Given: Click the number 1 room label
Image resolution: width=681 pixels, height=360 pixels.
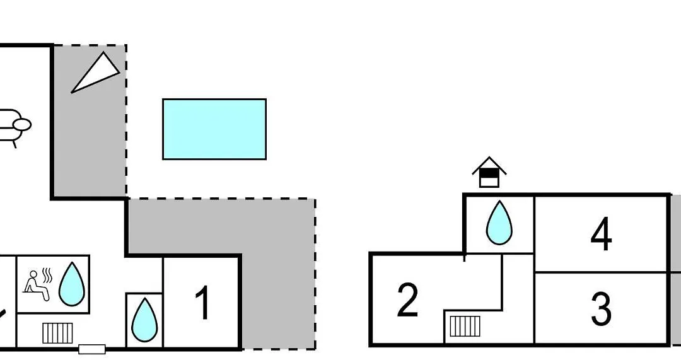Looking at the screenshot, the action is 203,303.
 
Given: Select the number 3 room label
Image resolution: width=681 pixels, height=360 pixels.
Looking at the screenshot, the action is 602,309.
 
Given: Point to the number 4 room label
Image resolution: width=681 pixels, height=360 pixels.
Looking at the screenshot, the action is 602,235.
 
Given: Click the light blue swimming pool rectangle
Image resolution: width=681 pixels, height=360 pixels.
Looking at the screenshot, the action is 214,129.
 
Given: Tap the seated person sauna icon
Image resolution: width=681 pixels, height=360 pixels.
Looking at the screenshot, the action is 37,286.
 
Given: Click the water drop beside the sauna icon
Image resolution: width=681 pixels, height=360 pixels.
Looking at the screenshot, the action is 72,284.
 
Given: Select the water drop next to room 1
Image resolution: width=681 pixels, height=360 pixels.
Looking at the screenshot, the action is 144,320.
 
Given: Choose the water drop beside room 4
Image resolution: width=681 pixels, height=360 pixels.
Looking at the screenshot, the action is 499,223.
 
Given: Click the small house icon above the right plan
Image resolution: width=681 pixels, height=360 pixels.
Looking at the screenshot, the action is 489,172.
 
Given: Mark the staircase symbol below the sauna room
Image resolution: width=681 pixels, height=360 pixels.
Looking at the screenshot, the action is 58,333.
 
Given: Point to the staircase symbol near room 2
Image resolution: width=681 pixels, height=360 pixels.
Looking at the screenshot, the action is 465,327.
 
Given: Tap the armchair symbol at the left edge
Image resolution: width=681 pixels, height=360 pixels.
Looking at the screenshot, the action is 13,126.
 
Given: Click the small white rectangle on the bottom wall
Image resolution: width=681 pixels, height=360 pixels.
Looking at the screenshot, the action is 92,349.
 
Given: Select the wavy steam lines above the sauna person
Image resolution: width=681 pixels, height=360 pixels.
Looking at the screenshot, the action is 47,274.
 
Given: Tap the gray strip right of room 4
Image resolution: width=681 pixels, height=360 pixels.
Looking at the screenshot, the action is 676,233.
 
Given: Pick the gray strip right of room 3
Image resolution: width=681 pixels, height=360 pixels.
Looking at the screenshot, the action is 676,309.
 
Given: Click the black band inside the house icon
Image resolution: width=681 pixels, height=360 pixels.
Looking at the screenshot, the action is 489,173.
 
